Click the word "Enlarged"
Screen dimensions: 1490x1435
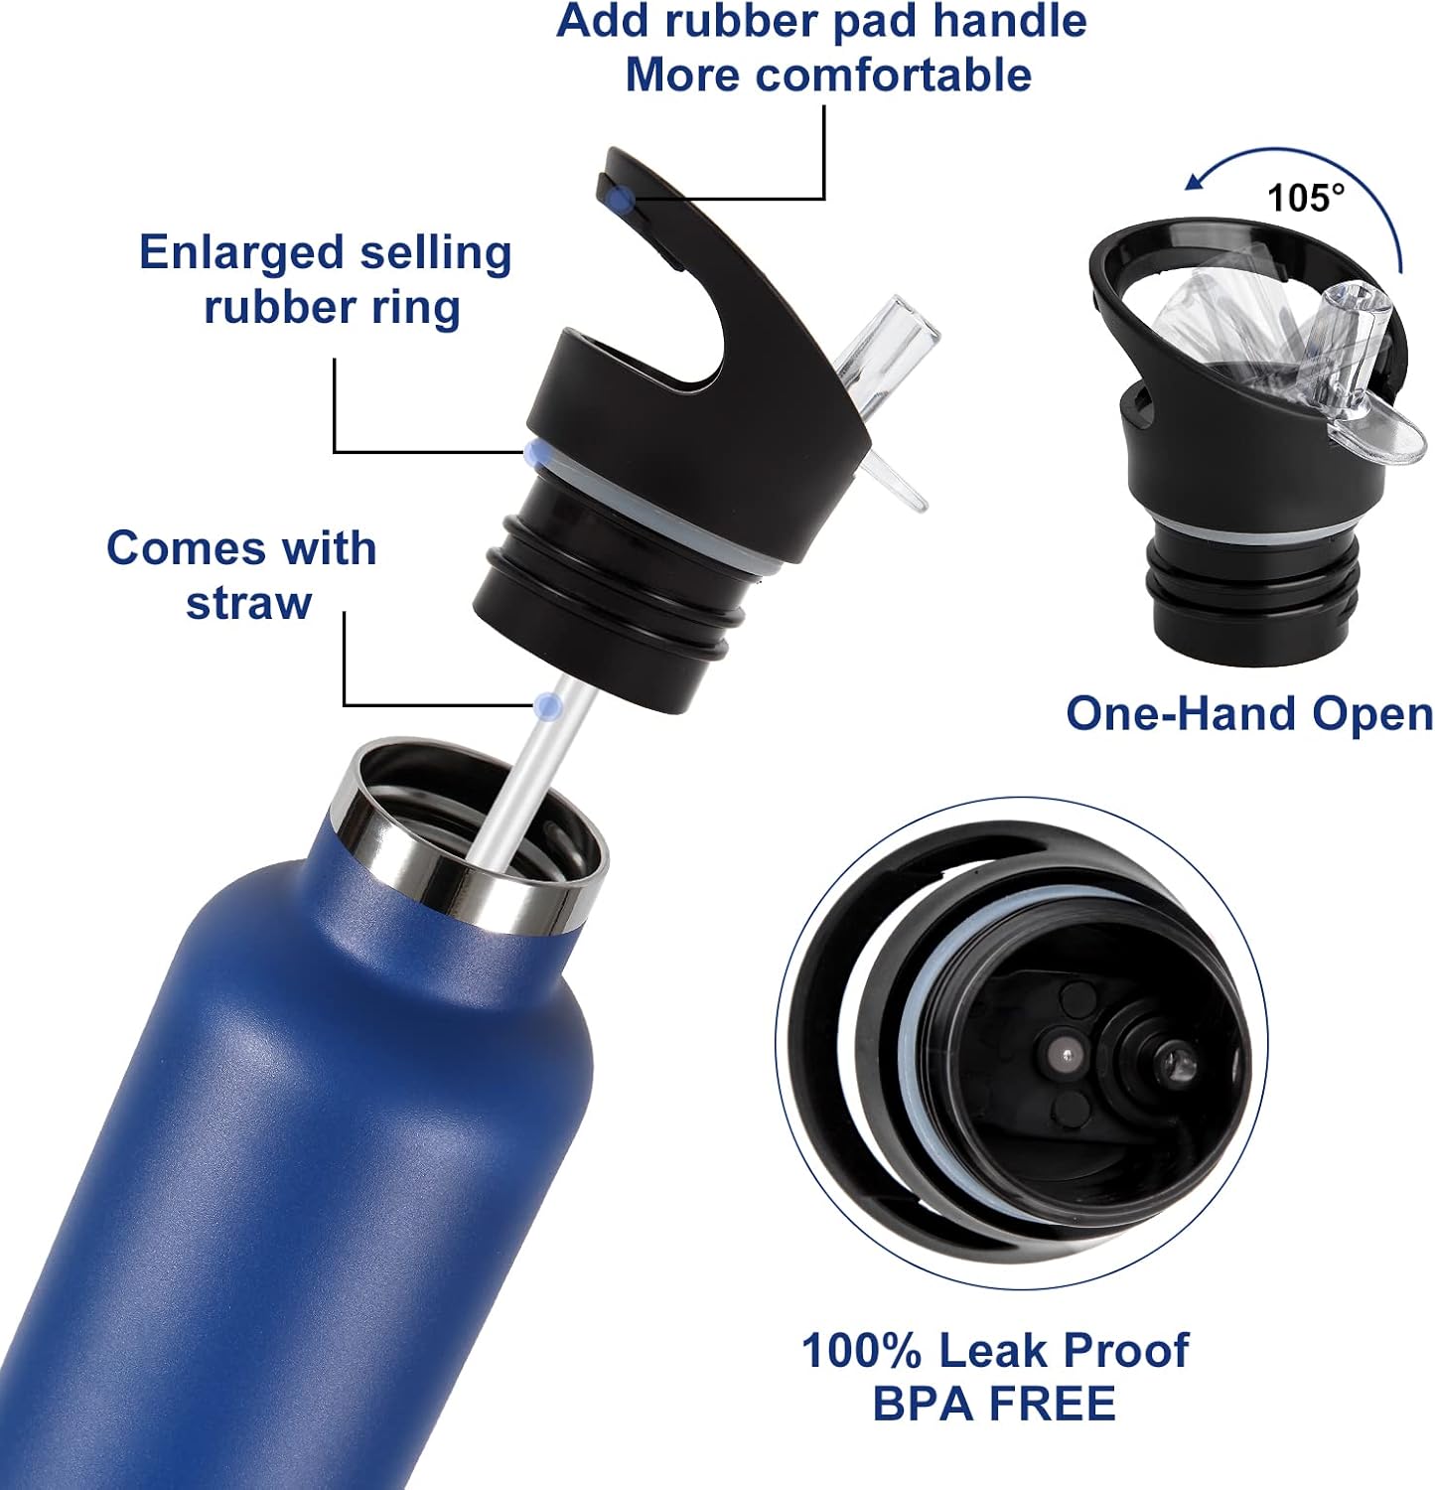click(x=239, y=253)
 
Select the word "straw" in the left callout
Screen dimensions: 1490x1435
click(x=248, y=603)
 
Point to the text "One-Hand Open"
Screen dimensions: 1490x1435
click(x=1248, y=713)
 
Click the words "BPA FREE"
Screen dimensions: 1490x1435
click(x=994, y=1404)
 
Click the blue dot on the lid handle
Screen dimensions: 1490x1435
click(x=621, y=200)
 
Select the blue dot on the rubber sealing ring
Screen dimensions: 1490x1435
click(x=537, y=454)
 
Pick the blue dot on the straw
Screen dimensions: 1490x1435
click(x=546, y=706)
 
